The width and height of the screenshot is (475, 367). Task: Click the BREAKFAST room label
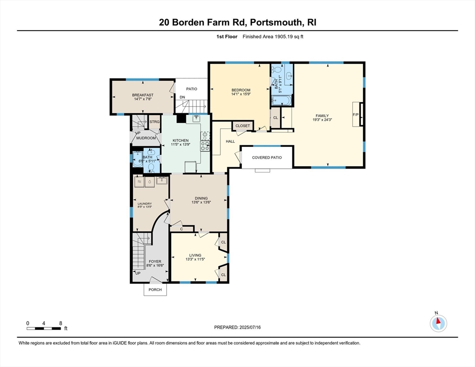coord(142,95)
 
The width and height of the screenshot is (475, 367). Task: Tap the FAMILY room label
coord(322,116)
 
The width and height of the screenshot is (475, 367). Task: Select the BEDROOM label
coord(241,90)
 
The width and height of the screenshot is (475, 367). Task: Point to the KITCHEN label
coord(181,140)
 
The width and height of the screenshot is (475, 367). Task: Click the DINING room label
coord(201,198)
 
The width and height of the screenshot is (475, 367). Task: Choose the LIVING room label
coord(195,255)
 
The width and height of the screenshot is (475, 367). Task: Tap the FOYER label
coord(155,261)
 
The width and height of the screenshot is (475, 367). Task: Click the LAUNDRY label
coord(144,204)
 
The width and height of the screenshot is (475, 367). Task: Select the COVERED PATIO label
coord(267,157)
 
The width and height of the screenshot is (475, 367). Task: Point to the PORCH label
coord(155,290)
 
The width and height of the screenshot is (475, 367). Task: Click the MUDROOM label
coord(146,138)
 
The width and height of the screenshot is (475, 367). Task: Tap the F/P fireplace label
coord(355,115)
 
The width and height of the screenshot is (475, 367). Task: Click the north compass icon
coord(438,323)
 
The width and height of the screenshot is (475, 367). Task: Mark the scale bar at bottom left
coord(44,328)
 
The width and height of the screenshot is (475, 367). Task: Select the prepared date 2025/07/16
coord(237,327)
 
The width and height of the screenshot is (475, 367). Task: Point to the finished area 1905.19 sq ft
coord(273,37)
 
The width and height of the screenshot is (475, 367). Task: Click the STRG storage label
coord(154,122)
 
